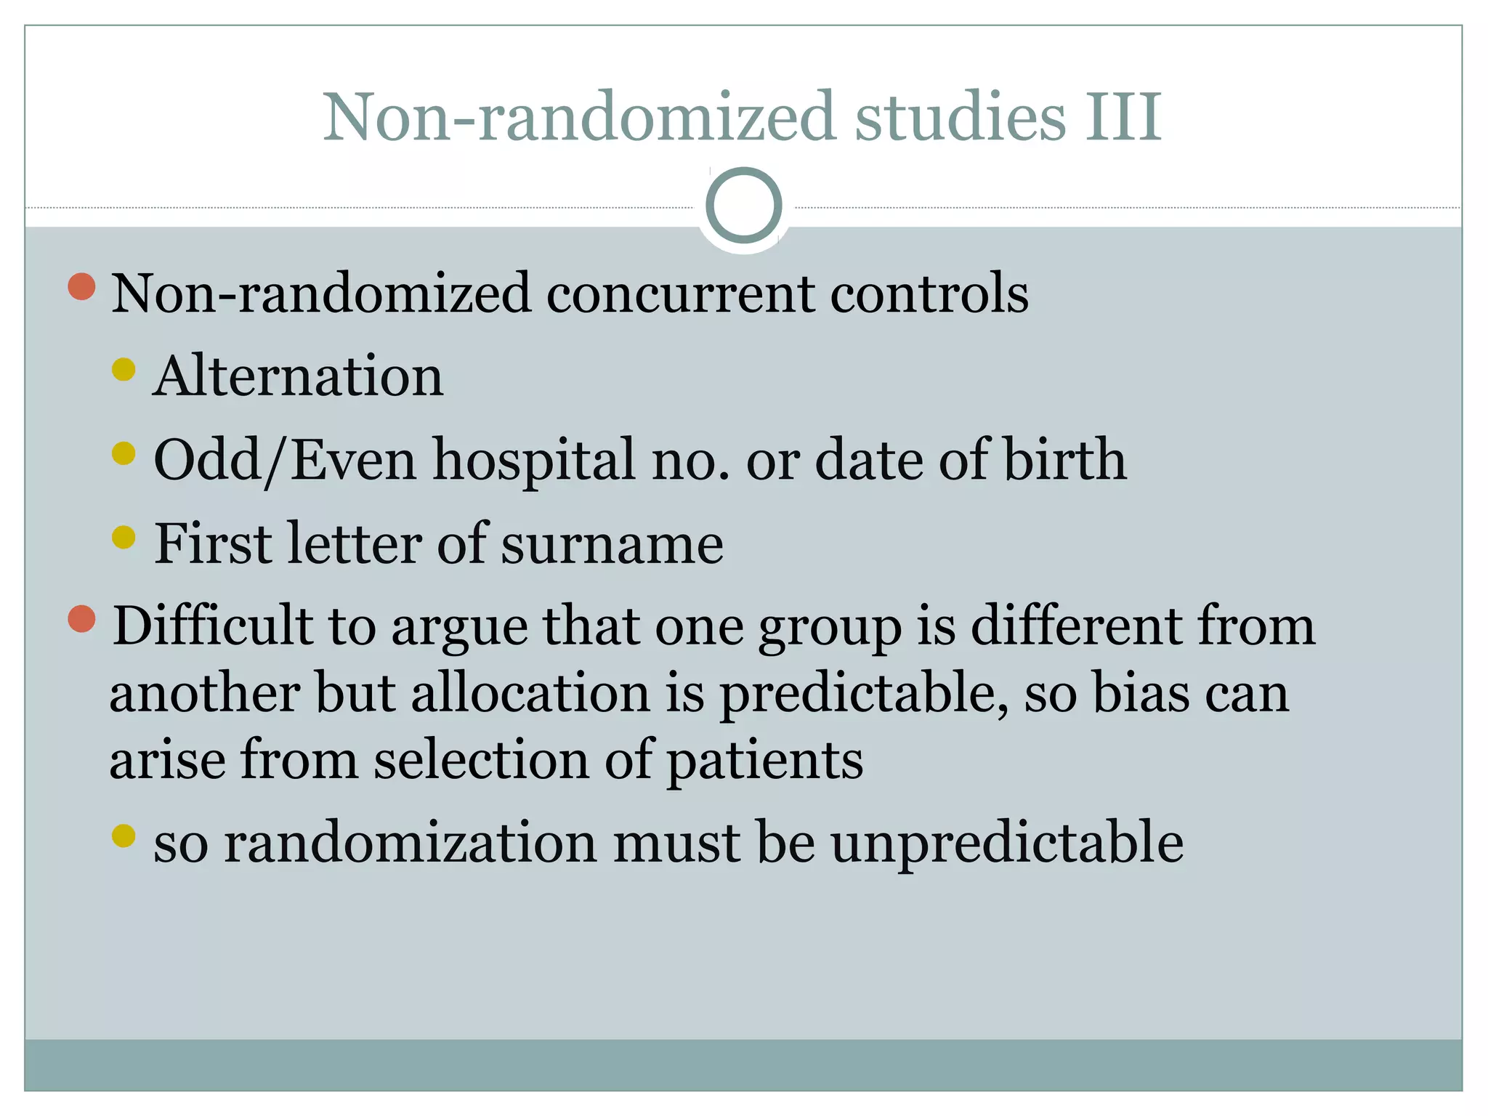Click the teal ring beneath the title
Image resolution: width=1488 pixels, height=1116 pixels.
743,206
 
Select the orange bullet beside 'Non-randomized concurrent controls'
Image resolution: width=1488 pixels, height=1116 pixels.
81,287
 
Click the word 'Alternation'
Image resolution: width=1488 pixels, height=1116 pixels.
298,376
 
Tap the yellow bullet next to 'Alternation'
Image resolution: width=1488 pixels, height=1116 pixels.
124,370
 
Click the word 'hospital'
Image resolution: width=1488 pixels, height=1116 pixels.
534,461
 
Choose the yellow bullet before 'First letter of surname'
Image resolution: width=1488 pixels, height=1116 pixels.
124,538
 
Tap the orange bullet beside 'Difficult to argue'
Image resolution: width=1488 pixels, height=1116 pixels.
81,619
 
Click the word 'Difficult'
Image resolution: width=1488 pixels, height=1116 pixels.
211,626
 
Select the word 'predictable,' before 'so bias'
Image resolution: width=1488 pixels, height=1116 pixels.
864,695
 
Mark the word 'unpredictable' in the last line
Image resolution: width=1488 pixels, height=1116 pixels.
1007,843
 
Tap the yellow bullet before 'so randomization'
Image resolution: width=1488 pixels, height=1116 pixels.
124,836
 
